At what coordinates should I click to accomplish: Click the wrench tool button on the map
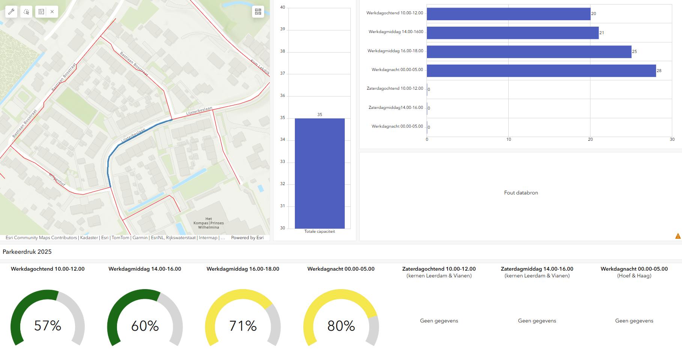point(11,12)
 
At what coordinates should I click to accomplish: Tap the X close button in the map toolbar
point(52,12)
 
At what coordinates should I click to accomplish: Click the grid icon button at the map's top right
point(258,12)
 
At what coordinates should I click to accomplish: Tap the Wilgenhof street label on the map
point(57,179)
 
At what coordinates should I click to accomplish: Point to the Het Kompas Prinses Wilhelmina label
point(209,223)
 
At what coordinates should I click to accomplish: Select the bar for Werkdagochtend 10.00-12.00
point(508,14)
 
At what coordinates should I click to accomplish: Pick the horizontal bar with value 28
point(541,71)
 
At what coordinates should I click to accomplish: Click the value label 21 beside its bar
point(602,33)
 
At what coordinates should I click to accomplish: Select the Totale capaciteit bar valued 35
point(320,173)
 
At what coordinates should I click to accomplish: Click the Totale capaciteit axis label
point(320,232)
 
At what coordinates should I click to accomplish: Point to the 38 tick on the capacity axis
point(282,51)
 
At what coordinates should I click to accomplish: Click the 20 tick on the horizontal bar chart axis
point(590,140)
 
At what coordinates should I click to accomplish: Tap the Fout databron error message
point(521,193)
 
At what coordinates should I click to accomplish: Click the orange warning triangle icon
point(678,236)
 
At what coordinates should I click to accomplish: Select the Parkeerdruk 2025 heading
point(27,252)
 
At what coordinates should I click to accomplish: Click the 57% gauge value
point(48,325)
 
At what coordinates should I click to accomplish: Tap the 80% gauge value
point(341,326)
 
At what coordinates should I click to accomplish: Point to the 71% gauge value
point(243,326)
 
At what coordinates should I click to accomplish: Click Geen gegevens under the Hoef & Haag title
point(634,321)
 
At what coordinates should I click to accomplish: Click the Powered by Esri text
point(247,238)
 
